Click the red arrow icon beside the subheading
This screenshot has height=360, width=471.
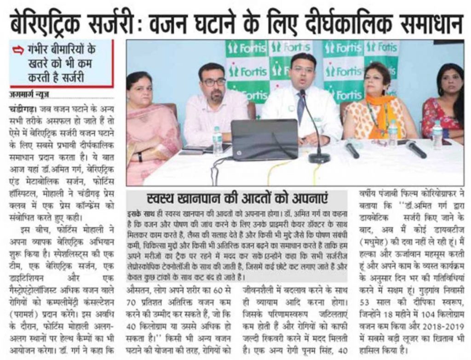click(x=18, y=51)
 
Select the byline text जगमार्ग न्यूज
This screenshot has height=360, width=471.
click(x=29, y=95)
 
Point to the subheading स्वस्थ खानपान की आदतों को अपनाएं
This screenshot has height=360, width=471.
click(x=237, y=200)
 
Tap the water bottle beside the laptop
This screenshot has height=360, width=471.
click(x=217, y=140)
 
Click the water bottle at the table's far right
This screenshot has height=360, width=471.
click(x=437, y=134)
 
